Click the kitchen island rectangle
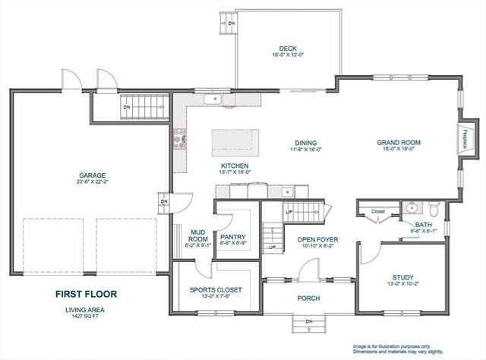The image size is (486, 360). pyautogui.click(x=235, y=141)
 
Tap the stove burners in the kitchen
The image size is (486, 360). pyautogui.click(x=181, y=140)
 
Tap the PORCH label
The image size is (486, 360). pyautogui.click(x=308, y=298)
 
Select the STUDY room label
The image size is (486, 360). pyautogui.click(x=402, y=278)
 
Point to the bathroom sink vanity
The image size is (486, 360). pyautogui.click(x=412, y=207)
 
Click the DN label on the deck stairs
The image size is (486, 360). pyautogui.click(x=232, y=24)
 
